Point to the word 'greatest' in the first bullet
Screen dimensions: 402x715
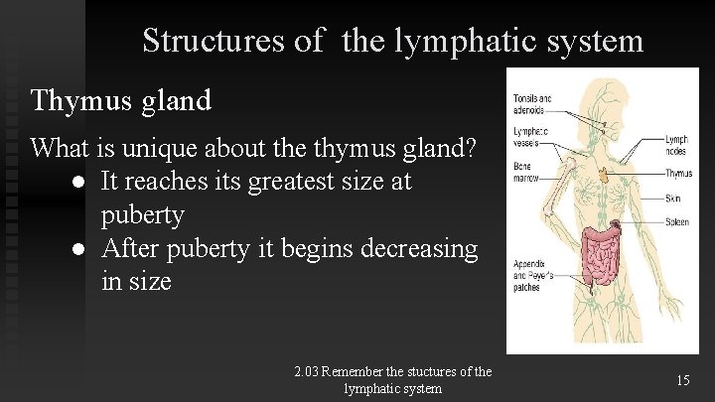point(302,182)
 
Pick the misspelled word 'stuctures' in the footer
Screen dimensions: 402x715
point(425,372)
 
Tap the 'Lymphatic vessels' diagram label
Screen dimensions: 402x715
point(531,138)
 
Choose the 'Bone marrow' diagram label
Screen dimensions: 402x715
point(528,175)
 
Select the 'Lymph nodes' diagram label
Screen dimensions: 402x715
point(676,146)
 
